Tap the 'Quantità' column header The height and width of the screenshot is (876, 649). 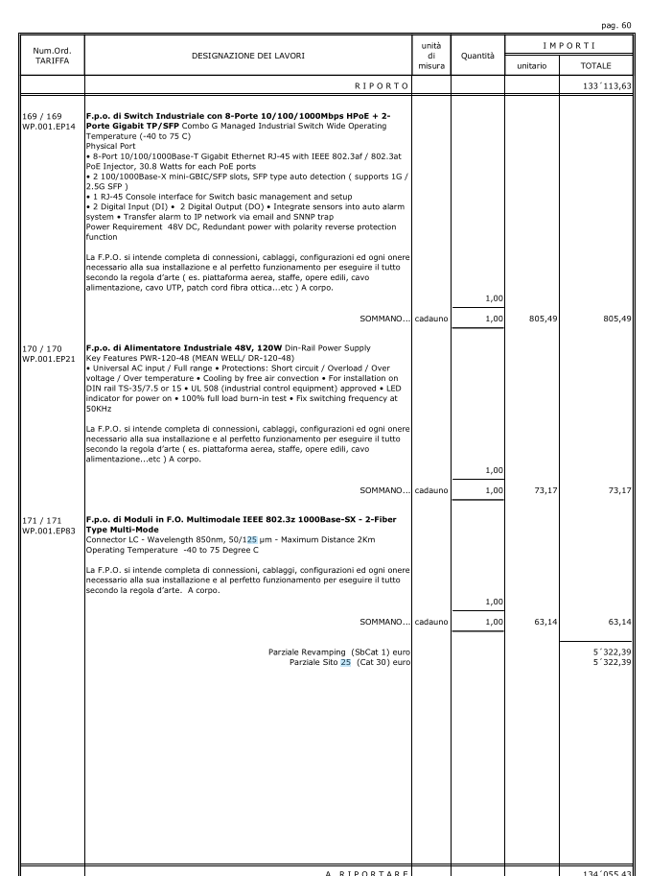click(477, 56)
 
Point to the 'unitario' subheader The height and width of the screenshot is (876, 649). click(531, 65)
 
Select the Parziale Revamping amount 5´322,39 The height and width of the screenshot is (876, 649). click(613, 652)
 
